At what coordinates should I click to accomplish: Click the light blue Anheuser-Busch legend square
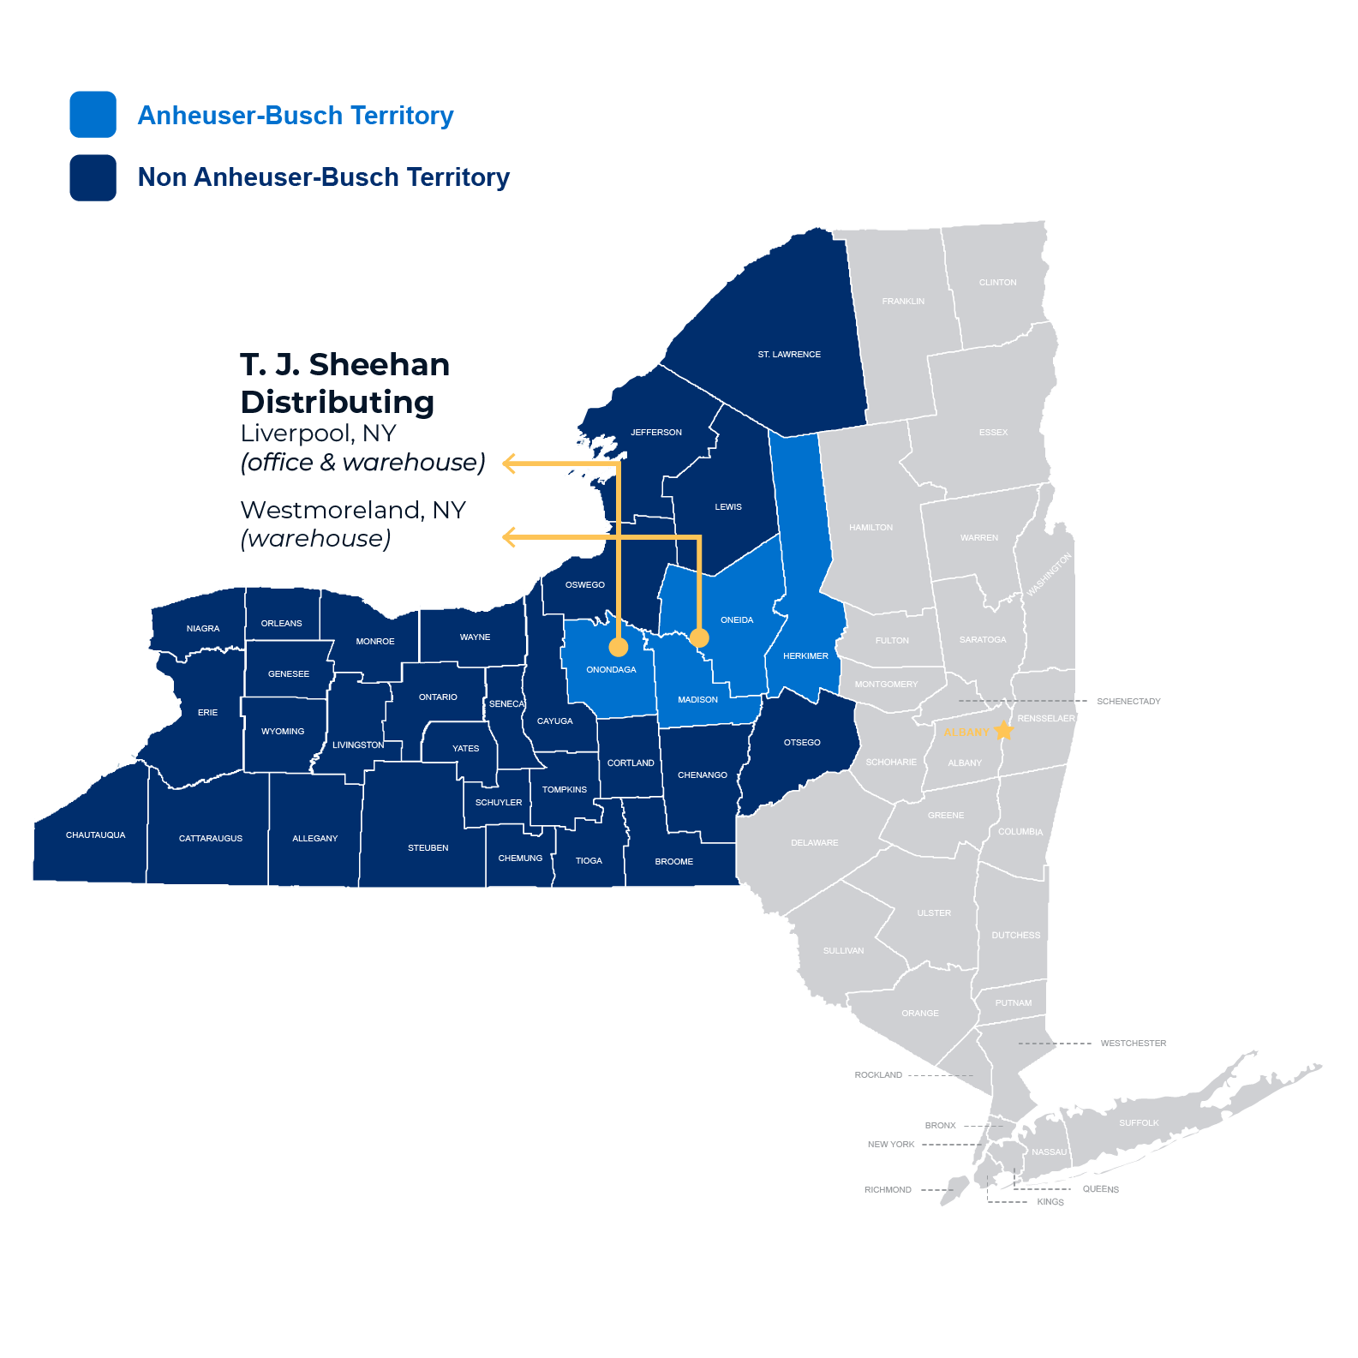93,115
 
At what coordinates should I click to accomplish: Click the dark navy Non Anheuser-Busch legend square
93,177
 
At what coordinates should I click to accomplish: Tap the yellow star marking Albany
1003,731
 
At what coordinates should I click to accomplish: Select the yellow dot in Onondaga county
618,647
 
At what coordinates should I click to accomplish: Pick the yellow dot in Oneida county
699,637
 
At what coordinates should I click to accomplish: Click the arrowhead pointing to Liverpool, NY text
509,464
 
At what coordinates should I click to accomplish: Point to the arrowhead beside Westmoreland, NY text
509,537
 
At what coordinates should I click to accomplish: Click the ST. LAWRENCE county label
788,354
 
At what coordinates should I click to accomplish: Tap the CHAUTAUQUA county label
95,835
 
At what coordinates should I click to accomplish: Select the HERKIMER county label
805,655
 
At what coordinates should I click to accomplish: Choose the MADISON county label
697,699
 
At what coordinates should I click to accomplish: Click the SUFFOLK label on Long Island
1138,1122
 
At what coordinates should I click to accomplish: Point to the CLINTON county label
997,282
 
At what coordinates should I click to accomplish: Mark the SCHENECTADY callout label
1128,701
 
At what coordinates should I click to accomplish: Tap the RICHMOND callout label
888,1189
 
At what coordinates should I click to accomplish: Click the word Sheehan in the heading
379,365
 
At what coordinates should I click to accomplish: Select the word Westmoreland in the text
332,510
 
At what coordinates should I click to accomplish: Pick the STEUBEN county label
428,847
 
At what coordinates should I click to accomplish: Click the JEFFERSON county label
656,432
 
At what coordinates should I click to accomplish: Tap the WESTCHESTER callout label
1133,1043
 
